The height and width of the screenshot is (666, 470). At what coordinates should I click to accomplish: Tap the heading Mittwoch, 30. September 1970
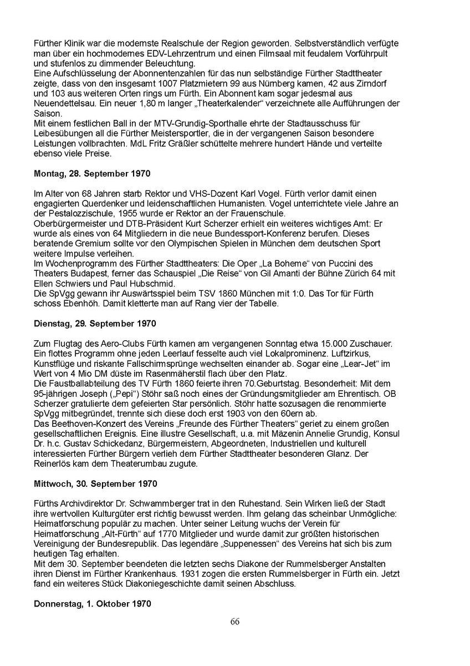95,484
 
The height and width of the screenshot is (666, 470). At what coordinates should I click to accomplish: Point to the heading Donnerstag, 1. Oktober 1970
92,603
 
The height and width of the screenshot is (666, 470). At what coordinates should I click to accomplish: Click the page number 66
235,622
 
